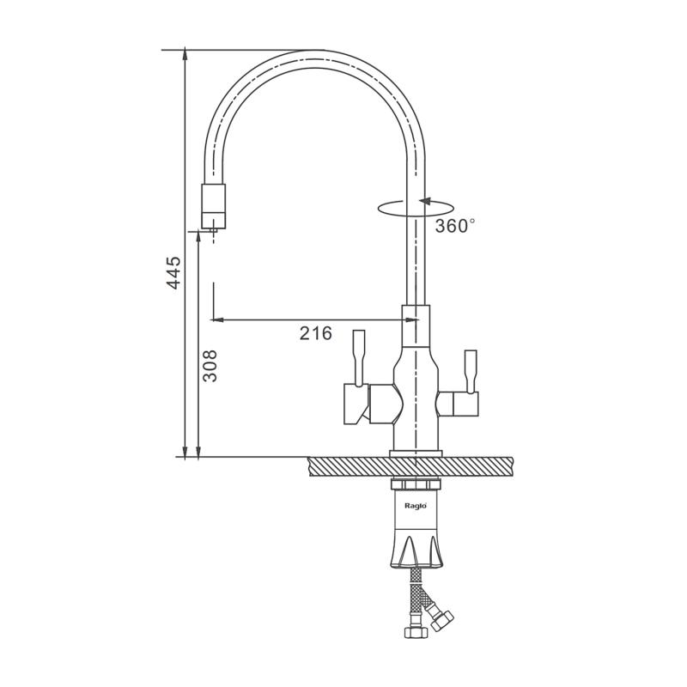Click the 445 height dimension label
coord(174,272)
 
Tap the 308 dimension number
coord(210,366)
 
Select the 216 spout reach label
coord(316,333)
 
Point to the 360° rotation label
coord(455,226)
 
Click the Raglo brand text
coord(415,506)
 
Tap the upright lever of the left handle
coord(359,358)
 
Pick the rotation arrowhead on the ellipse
coord(425,202)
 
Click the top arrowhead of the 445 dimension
coord(185,54)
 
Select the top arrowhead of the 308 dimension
coord(198,237)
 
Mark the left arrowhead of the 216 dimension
coord(218,319)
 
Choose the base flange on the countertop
coord(416,453)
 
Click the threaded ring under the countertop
coord(416,483)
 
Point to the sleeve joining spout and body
coord(416,325)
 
